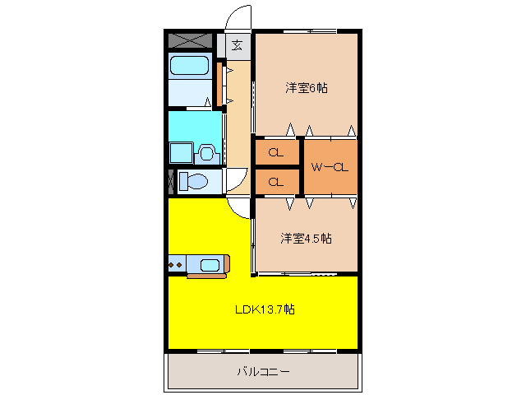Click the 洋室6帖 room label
coord(306,87)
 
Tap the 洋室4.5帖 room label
coord(306,239)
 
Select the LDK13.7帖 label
coord(265,309)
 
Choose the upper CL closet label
coord(276,152)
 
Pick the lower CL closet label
coord(276,181)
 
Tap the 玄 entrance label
coord(237,45)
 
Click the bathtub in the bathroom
coord(190,67)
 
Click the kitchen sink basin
coord(210,264)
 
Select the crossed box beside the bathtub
coord(190,39)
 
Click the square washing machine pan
coord(180,153)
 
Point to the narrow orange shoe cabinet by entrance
coord(219,82)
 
